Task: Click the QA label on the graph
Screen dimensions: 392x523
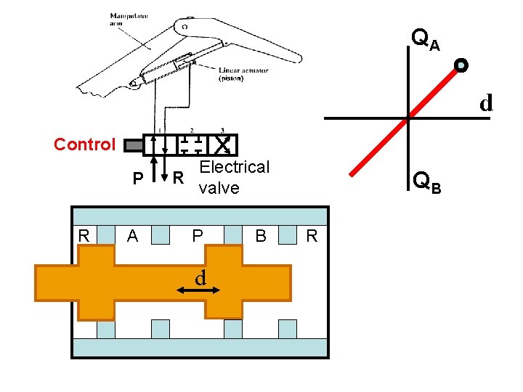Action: (425, 39)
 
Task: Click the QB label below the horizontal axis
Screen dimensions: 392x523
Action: (425, 181)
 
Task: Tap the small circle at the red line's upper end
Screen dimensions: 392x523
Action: (461, 66)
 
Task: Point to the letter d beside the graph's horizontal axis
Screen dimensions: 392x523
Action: (485, 103)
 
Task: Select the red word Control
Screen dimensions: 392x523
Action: (84, 144)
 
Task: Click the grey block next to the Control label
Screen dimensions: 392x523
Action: (134, 145)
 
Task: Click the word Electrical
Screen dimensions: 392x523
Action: (234, 167)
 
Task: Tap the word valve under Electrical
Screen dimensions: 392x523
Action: (219, 188)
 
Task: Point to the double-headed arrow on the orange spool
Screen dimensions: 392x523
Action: (198, 290)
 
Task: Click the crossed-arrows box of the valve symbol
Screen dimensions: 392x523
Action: (225, 144)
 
